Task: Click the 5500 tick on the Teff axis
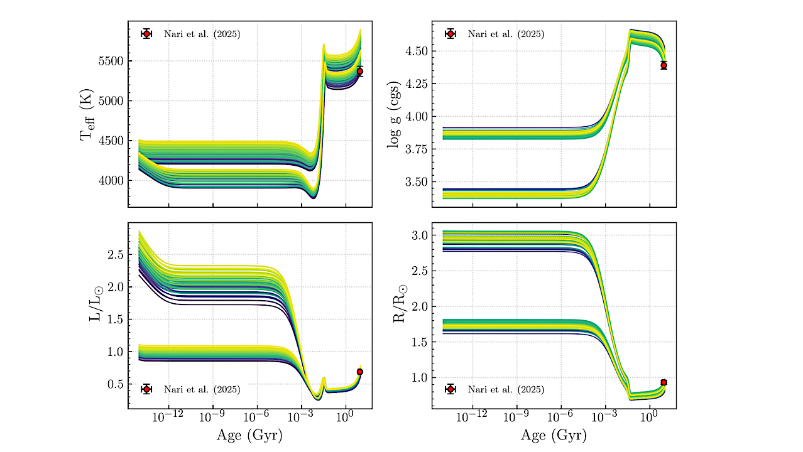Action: [x=111, y=62]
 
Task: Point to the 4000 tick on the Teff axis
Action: [x=111, y=181]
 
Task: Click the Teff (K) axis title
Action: [x=87, y=113]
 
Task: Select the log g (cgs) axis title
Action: [x=394, y=113]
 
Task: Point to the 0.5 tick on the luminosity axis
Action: [x=115, y=384]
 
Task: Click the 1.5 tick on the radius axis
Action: [x=419, y=342]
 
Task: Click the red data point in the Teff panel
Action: [x=359, y=71]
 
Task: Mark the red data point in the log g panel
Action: [x=664, y=65]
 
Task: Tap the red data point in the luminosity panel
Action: [x=359, y=372]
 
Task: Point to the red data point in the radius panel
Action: [x=664, y=382]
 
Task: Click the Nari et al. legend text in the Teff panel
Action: [x=202, y=34]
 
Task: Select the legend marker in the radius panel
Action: [x=451, y=389]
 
